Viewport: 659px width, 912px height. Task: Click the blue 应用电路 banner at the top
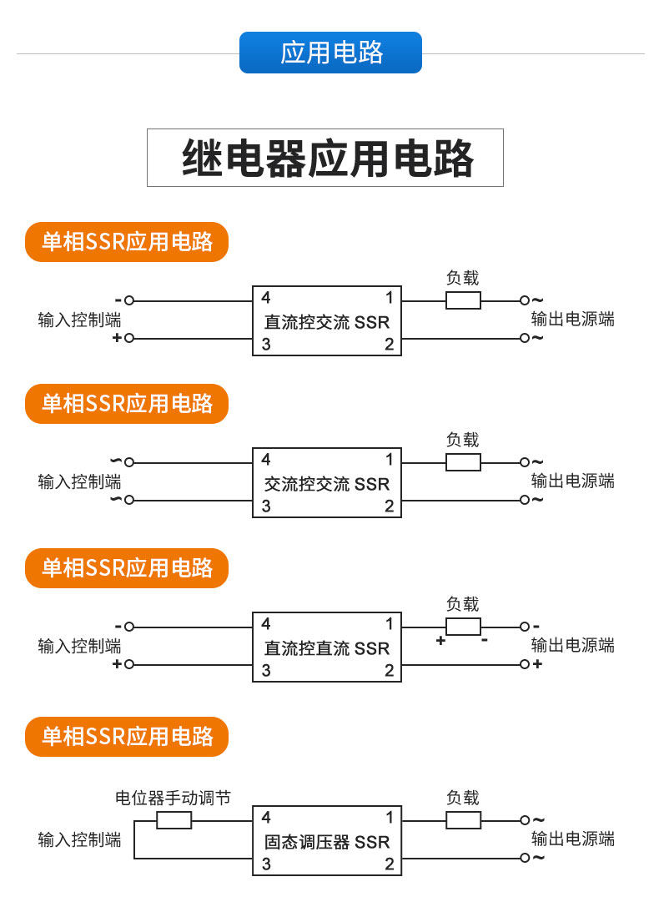(x=330, y=53)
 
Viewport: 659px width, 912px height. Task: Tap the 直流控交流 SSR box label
(x=327, y=321)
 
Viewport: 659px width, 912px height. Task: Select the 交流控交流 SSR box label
(x=327, y=483)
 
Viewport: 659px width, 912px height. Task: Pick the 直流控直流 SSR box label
(x=327, y=648)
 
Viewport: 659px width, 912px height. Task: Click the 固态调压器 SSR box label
(x=327, y=842)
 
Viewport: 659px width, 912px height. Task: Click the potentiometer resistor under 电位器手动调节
(x=174, y=820)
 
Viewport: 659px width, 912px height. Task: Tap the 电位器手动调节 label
(x=173, y=798)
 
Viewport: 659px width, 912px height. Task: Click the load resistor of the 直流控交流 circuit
(x=464, y=300)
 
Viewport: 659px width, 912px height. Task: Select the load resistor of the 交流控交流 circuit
(x=464, y=461)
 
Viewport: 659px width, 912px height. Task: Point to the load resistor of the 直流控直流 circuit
(x=464, y=627)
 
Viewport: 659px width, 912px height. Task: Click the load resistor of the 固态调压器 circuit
(x=464, y=820)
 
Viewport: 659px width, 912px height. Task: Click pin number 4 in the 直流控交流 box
(x=266, y=298)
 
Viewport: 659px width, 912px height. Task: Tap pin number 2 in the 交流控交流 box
(x=389, y=506)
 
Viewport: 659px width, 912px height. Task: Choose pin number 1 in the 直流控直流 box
(x=390, y=624)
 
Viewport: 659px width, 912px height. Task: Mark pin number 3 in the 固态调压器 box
(x=266, y=864)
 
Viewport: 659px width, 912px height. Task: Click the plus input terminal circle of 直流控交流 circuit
(x=129, y=338)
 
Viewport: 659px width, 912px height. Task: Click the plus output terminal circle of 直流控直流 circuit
(x=525, y=663)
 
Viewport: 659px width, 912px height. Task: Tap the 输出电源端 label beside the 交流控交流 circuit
(x=573, y=481)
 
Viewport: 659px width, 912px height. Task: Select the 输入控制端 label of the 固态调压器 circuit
(x=80, y=839)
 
